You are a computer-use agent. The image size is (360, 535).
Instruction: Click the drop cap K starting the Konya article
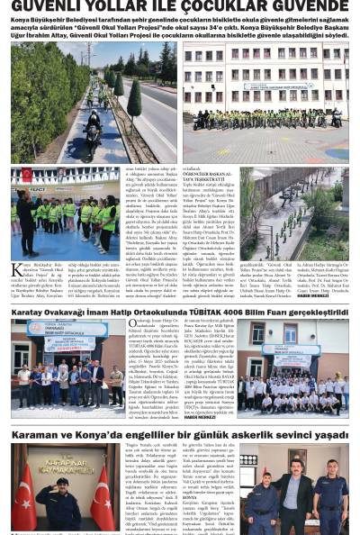(16, 269)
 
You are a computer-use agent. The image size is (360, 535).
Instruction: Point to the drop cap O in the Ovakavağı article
(133, 324)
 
